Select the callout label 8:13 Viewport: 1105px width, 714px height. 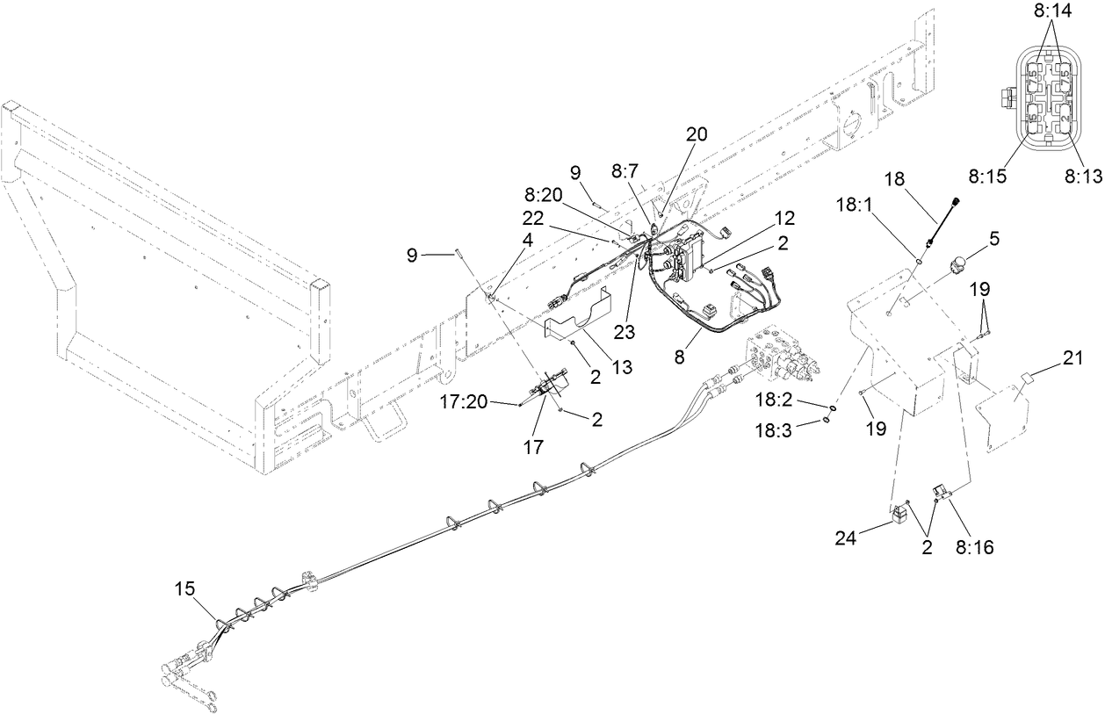click(1082, 176)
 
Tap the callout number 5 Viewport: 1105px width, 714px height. click(993, 238)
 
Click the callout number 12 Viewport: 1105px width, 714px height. click(784, 216)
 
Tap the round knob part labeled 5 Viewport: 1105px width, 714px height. click(957, 262)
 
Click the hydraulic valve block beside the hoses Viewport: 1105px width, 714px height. click(782, 356)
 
